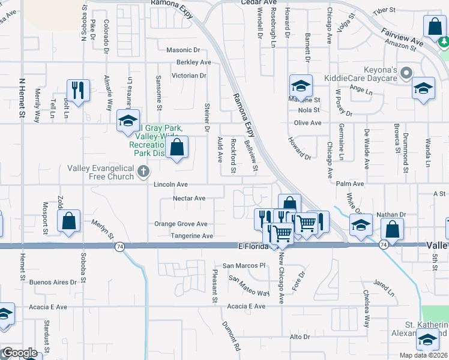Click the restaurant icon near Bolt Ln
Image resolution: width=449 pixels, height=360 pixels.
click(x=78, y=90)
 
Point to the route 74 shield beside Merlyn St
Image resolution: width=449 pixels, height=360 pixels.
click(x=120, y=247)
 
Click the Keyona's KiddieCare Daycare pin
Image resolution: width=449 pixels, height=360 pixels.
click(x=406, y=74)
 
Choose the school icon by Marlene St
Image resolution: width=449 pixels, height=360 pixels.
click(x=301, y=85)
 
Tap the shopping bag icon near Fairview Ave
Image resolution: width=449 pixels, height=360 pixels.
click(x=434, y=26)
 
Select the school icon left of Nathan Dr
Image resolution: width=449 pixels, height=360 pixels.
click(x=360, y=225)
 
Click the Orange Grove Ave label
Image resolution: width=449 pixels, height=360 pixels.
click(x=181, y=224)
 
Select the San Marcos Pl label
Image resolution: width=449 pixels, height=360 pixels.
click(x=244, y=265)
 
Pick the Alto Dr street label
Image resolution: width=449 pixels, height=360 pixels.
click(x=299, y=337)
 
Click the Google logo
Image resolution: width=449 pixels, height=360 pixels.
click(x=20, y=353)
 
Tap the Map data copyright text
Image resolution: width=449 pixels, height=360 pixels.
click(x=424, y=355)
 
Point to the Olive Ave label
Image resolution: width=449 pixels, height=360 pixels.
click(x=307, y=123)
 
